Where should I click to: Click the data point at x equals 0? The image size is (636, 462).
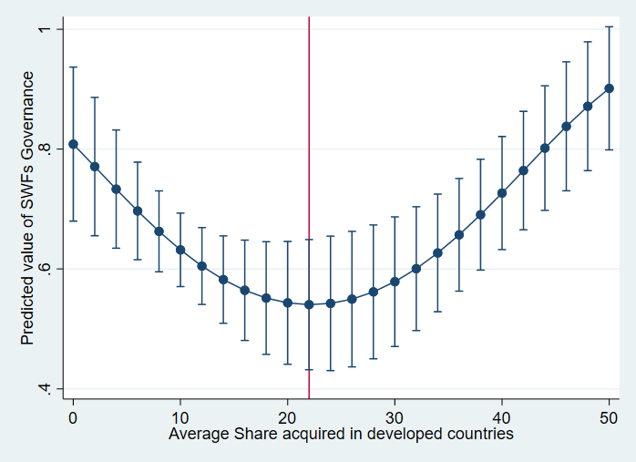click(x=73, y=144)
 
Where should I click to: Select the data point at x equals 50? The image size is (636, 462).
click(x=610, y=88)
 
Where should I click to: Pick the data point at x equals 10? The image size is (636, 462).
click(x=180, y=250)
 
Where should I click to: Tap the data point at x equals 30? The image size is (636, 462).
click(x=395, y=282)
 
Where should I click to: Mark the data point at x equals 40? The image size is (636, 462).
click(x=502, y=193)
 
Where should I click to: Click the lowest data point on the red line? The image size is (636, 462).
click(x=309, y=304)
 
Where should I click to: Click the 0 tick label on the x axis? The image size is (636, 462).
click(x=73, y=416)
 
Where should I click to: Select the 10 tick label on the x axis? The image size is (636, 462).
click(x=180, y=416)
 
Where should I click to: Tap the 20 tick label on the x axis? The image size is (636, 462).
click(x=288, y=416)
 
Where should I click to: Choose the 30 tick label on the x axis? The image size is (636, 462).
click(x=395, y=416)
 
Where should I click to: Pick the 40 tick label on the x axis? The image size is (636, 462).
click(x=502, y=416)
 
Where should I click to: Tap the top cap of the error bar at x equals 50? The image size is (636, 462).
click(x=610, y=26)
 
